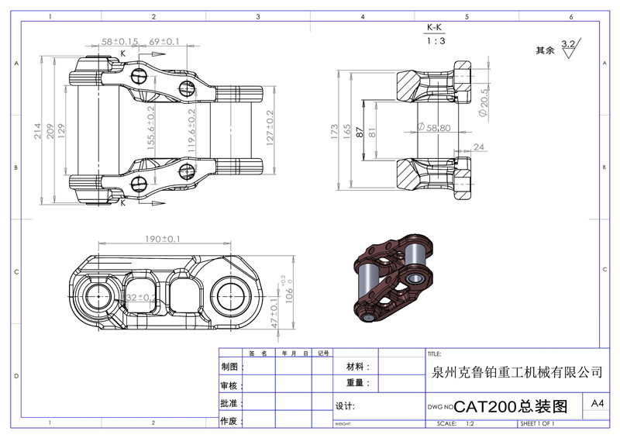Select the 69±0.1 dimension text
pos(164,41)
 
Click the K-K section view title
pos(436,28)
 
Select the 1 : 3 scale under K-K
pos(436,42)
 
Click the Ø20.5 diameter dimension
pos(484,102)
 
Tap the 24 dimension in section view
pos(478,147)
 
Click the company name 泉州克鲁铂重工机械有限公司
pos(515,372)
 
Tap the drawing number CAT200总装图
pos(511,406)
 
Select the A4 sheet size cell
pos(598,404)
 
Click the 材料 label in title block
pos(357,367)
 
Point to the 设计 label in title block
pos(345,406)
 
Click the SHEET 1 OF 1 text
pos(538,424)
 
